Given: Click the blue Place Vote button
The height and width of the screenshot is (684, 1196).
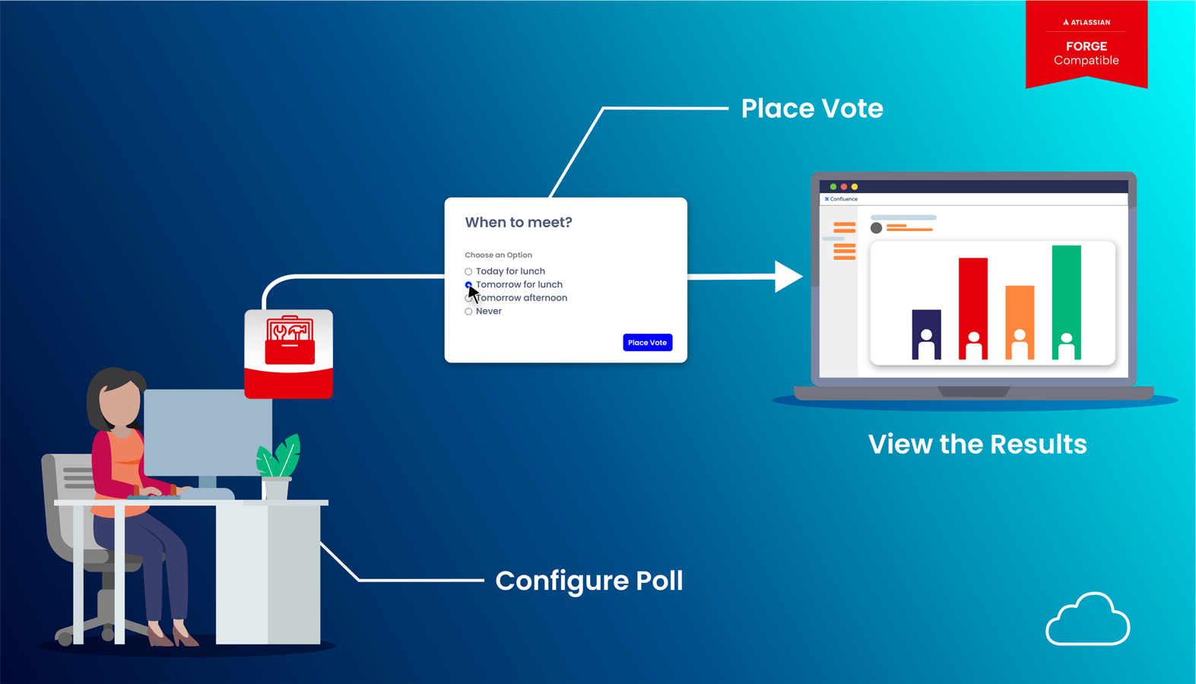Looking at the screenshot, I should pyautogui.click(x=647, y=343).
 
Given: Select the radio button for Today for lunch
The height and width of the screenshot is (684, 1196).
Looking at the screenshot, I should pyautogui.click(x=468, y=271).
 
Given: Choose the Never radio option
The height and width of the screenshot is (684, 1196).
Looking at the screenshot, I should pyautogui.click(x=468, y=312).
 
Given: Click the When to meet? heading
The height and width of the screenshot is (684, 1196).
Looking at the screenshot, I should pyautogui.click(x=519, y=223).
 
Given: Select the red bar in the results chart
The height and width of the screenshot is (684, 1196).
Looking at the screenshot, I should pyautogui.click(x=973, y=308).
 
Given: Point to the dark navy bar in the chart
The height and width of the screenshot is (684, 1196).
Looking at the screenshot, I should pyautogui.click(x=926, y=334).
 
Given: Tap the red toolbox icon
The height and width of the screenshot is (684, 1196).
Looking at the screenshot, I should pyautogui.click(x=289, y=341).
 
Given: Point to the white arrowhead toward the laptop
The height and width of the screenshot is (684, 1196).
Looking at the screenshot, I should pyautogui.click(x=788, y=277).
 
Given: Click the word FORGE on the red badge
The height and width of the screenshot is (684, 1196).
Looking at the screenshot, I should pyautogui.click(x=1086, y=46).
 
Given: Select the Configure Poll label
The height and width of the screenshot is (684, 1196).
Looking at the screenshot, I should pyautogui.click(x=588, y=581).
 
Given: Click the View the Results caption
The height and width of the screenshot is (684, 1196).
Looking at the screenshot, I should pyautogui.click(x=977, y=445).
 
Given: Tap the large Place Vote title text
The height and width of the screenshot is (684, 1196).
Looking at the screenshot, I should pyautogui.click(x=811, y=109).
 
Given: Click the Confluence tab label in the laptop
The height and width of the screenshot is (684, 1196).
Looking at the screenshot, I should pyautogui.click(x=842, y=199).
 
